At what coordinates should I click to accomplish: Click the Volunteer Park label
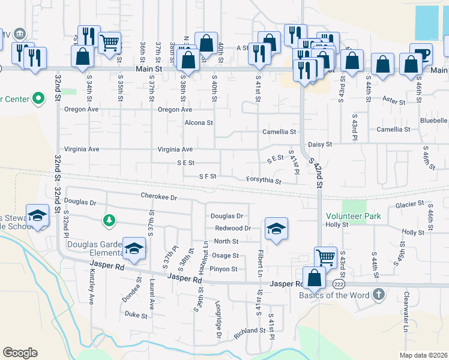354,216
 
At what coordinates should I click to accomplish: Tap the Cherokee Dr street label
160,197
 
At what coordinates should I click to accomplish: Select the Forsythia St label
264,180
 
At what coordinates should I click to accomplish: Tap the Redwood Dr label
232,229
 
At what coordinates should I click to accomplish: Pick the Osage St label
225,256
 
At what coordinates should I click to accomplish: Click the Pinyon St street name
224,269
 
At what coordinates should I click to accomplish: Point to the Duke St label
136,314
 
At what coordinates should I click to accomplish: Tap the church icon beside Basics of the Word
378,294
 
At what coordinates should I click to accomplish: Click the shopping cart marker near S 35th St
109,42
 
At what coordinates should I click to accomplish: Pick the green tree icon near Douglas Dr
109,221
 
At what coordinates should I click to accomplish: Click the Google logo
20,353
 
